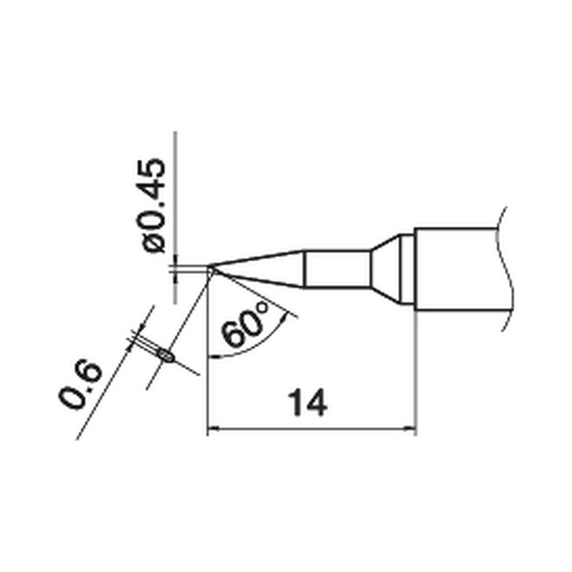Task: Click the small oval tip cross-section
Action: pos(166,355)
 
